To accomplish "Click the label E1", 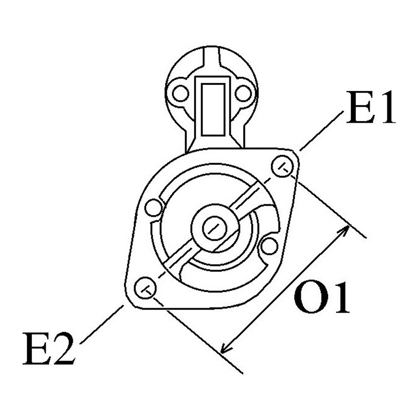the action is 371,107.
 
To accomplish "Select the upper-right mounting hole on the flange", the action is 282,166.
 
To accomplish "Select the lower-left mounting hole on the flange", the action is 145,288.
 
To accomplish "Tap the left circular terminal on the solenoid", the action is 180,93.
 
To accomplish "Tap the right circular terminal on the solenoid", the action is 243,93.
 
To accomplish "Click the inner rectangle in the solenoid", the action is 212,110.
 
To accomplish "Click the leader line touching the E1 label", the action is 322,131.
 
